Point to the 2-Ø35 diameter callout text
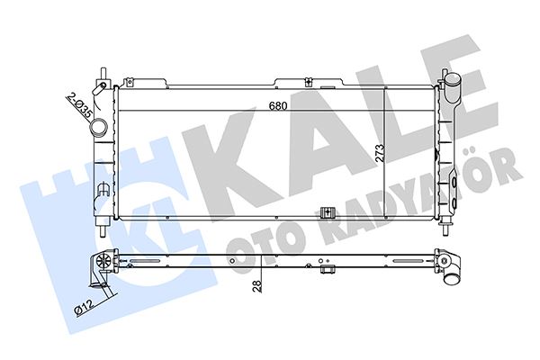78,105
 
